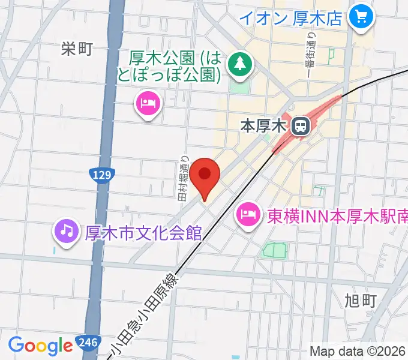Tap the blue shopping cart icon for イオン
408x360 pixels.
click(x=362, y=17)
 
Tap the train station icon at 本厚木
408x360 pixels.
click(x=299, y=126)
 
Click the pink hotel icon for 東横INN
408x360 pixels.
click(x=248, y=213)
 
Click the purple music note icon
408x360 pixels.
click(x=67, y=229)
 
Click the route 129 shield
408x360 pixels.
click(x=101, y=175)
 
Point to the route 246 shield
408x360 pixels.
click(x=86, y=344)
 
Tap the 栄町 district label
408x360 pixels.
click(x=77, y=49)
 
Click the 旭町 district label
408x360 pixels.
click(x=361, y=299)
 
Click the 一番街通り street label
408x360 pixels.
click(x=312, y=51)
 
